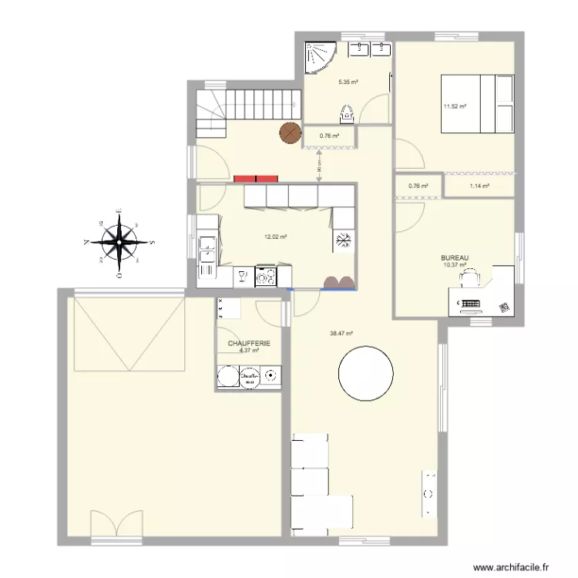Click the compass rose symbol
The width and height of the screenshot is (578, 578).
coord(119,242)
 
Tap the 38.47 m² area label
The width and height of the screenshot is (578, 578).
coord(341,334)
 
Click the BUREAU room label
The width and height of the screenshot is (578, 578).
coord(455,258)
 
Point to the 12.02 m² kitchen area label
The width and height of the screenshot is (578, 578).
coord(275,237)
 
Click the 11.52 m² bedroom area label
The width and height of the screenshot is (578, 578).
coord(454,106)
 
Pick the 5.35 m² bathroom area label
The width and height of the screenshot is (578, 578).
coord(349,82)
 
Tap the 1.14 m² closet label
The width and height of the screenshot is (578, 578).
coord(479,186)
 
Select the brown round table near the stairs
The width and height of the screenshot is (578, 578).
coord(290,133)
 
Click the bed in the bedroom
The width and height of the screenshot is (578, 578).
coord(476,103)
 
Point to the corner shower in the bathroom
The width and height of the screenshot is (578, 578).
coord(319,56)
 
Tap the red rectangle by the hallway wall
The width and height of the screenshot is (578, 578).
coord(254,178)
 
